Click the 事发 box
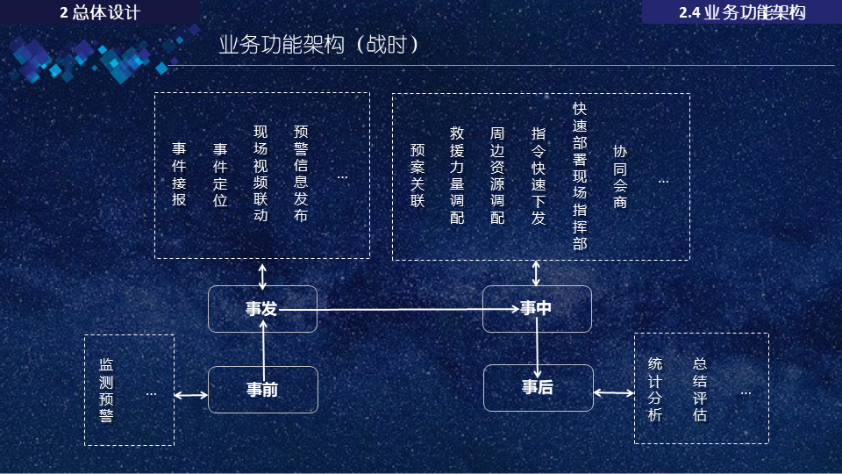pos(262,309)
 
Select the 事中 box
pos(537,308)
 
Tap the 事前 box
pos(262,390)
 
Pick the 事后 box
pos(538,388)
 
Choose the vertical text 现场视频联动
pos(260,174)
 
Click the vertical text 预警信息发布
pos(301,174)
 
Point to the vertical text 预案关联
pos(417,175)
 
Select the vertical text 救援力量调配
pos(457,175)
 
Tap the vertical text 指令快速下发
pos(539,175)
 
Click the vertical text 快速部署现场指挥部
pos(580,176)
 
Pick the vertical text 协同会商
pos(620,176)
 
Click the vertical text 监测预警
pos(106,390)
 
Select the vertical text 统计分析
pos(655,390)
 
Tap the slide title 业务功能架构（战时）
pos(318,45)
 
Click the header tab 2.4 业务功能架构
pos(742,12)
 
